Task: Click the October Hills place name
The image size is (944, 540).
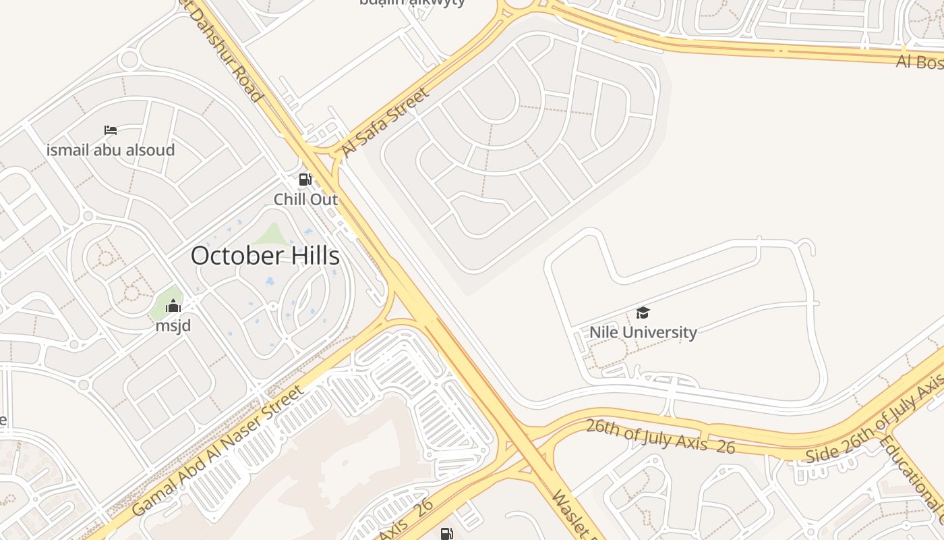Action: tap(265, 256)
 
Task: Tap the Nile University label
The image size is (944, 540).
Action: tap(643, 332)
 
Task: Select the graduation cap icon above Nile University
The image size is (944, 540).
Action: tap(643, 313)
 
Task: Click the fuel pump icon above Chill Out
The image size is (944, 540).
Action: tap(305, 180)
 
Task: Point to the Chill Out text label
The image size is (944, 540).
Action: tap(305, 200)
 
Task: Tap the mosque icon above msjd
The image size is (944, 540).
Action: tap(173, 306)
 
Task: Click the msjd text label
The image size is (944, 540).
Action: tap(173, 326)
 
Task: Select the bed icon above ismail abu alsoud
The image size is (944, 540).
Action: tap(111, 130)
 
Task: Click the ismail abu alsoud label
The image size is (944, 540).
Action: tap(111, 150)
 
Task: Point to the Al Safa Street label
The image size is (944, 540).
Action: tap(384, 122)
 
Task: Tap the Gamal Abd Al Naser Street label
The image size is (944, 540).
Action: tap(218, 451)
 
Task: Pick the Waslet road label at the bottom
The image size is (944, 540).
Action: tap(573, 516)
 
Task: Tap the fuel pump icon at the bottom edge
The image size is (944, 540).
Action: tap(446, 534)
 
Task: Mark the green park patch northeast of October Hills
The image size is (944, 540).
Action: tap(272, 234)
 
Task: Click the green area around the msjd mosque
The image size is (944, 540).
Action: tap(162, 309)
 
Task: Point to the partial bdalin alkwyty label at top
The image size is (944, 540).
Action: tap(412, 3)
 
